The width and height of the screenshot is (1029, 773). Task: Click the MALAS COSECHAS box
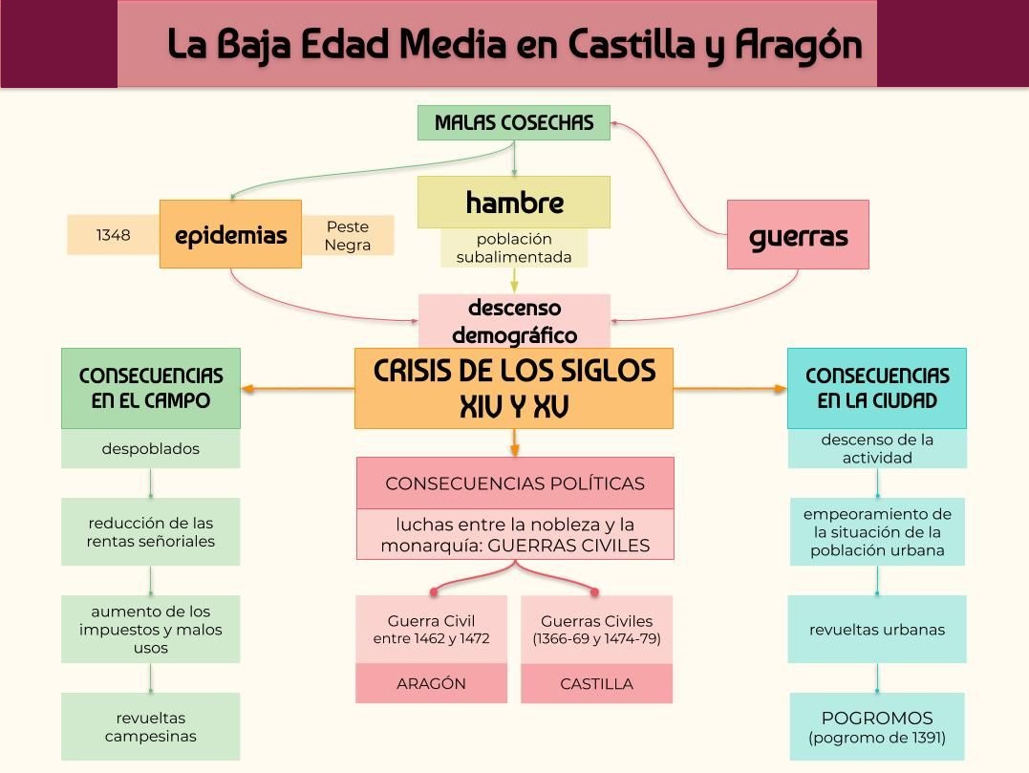click(x=513, y=123)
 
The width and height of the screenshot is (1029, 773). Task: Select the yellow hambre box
click(x=513, y=203)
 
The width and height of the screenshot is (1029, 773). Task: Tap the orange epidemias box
click(x=230, y=234)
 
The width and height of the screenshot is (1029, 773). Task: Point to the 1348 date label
click(x=113, y=235)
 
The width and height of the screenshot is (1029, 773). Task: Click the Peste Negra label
click(x=347, y=236)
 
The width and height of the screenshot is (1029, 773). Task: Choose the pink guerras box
click(x=798, y=235)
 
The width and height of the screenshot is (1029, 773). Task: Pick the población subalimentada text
click(x=513, y=248)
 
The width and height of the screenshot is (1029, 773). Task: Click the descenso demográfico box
click(x=514, y=321)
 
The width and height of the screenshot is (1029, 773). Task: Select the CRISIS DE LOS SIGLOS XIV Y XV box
click(x=513, y=388)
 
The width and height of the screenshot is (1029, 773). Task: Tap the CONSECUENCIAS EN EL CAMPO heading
click(x=151, y=388)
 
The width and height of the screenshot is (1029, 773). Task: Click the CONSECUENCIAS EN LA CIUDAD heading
click(x=876, y=388)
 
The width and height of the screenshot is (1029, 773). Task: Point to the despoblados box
click(x=151, y=448)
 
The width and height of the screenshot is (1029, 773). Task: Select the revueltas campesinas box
click(x=151, y=726)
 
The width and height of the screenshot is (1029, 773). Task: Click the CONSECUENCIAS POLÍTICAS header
click(x=514, y=483)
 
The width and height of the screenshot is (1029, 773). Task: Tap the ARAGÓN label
click(x=431, y=684)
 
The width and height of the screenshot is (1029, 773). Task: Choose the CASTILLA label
click(x=596, y=684)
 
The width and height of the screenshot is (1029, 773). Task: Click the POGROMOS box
click(x=876, y=726)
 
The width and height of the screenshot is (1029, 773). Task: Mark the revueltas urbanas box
click(x=876, y=630)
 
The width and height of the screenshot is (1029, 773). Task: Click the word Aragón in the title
click(x=799, y=45)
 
